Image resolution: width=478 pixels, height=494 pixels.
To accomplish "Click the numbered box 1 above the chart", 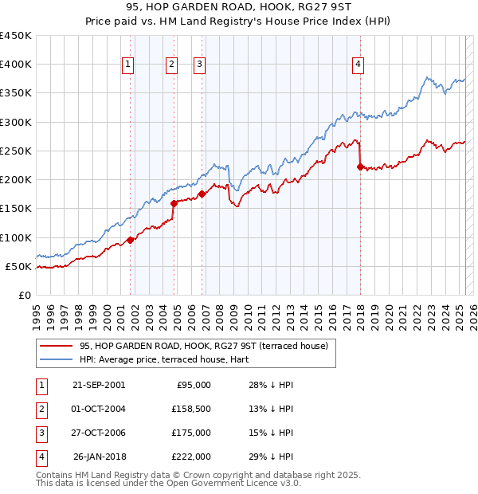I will pos(127,65).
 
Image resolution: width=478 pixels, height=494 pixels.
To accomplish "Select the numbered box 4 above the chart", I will pos(358,65).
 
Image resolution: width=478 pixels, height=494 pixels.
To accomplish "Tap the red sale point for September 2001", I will pos(131,240).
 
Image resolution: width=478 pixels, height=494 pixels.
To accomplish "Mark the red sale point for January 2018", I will pos(360,167).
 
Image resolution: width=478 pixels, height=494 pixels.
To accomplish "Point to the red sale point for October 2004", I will pos(174,203).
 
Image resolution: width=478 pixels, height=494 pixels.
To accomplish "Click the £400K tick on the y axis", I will pos(15,65).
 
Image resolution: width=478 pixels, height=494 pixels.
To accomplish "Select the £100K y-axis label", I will pos(15,237).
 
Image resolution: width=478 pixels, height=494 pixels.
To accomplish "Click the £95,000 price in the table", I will pos(192,385).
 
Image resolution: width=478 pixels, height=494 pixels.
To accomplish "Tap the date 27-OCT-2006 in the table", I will pos(99,433).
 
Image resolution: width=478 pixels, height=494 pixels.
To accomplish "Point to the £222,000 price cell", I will pos(192,457).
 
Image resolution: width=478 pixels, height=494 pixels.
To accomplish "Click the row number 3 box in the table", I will pos(41,433).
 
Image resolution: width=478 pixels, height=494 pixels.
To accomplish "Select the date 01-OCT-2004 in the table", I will pos(99,409).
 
